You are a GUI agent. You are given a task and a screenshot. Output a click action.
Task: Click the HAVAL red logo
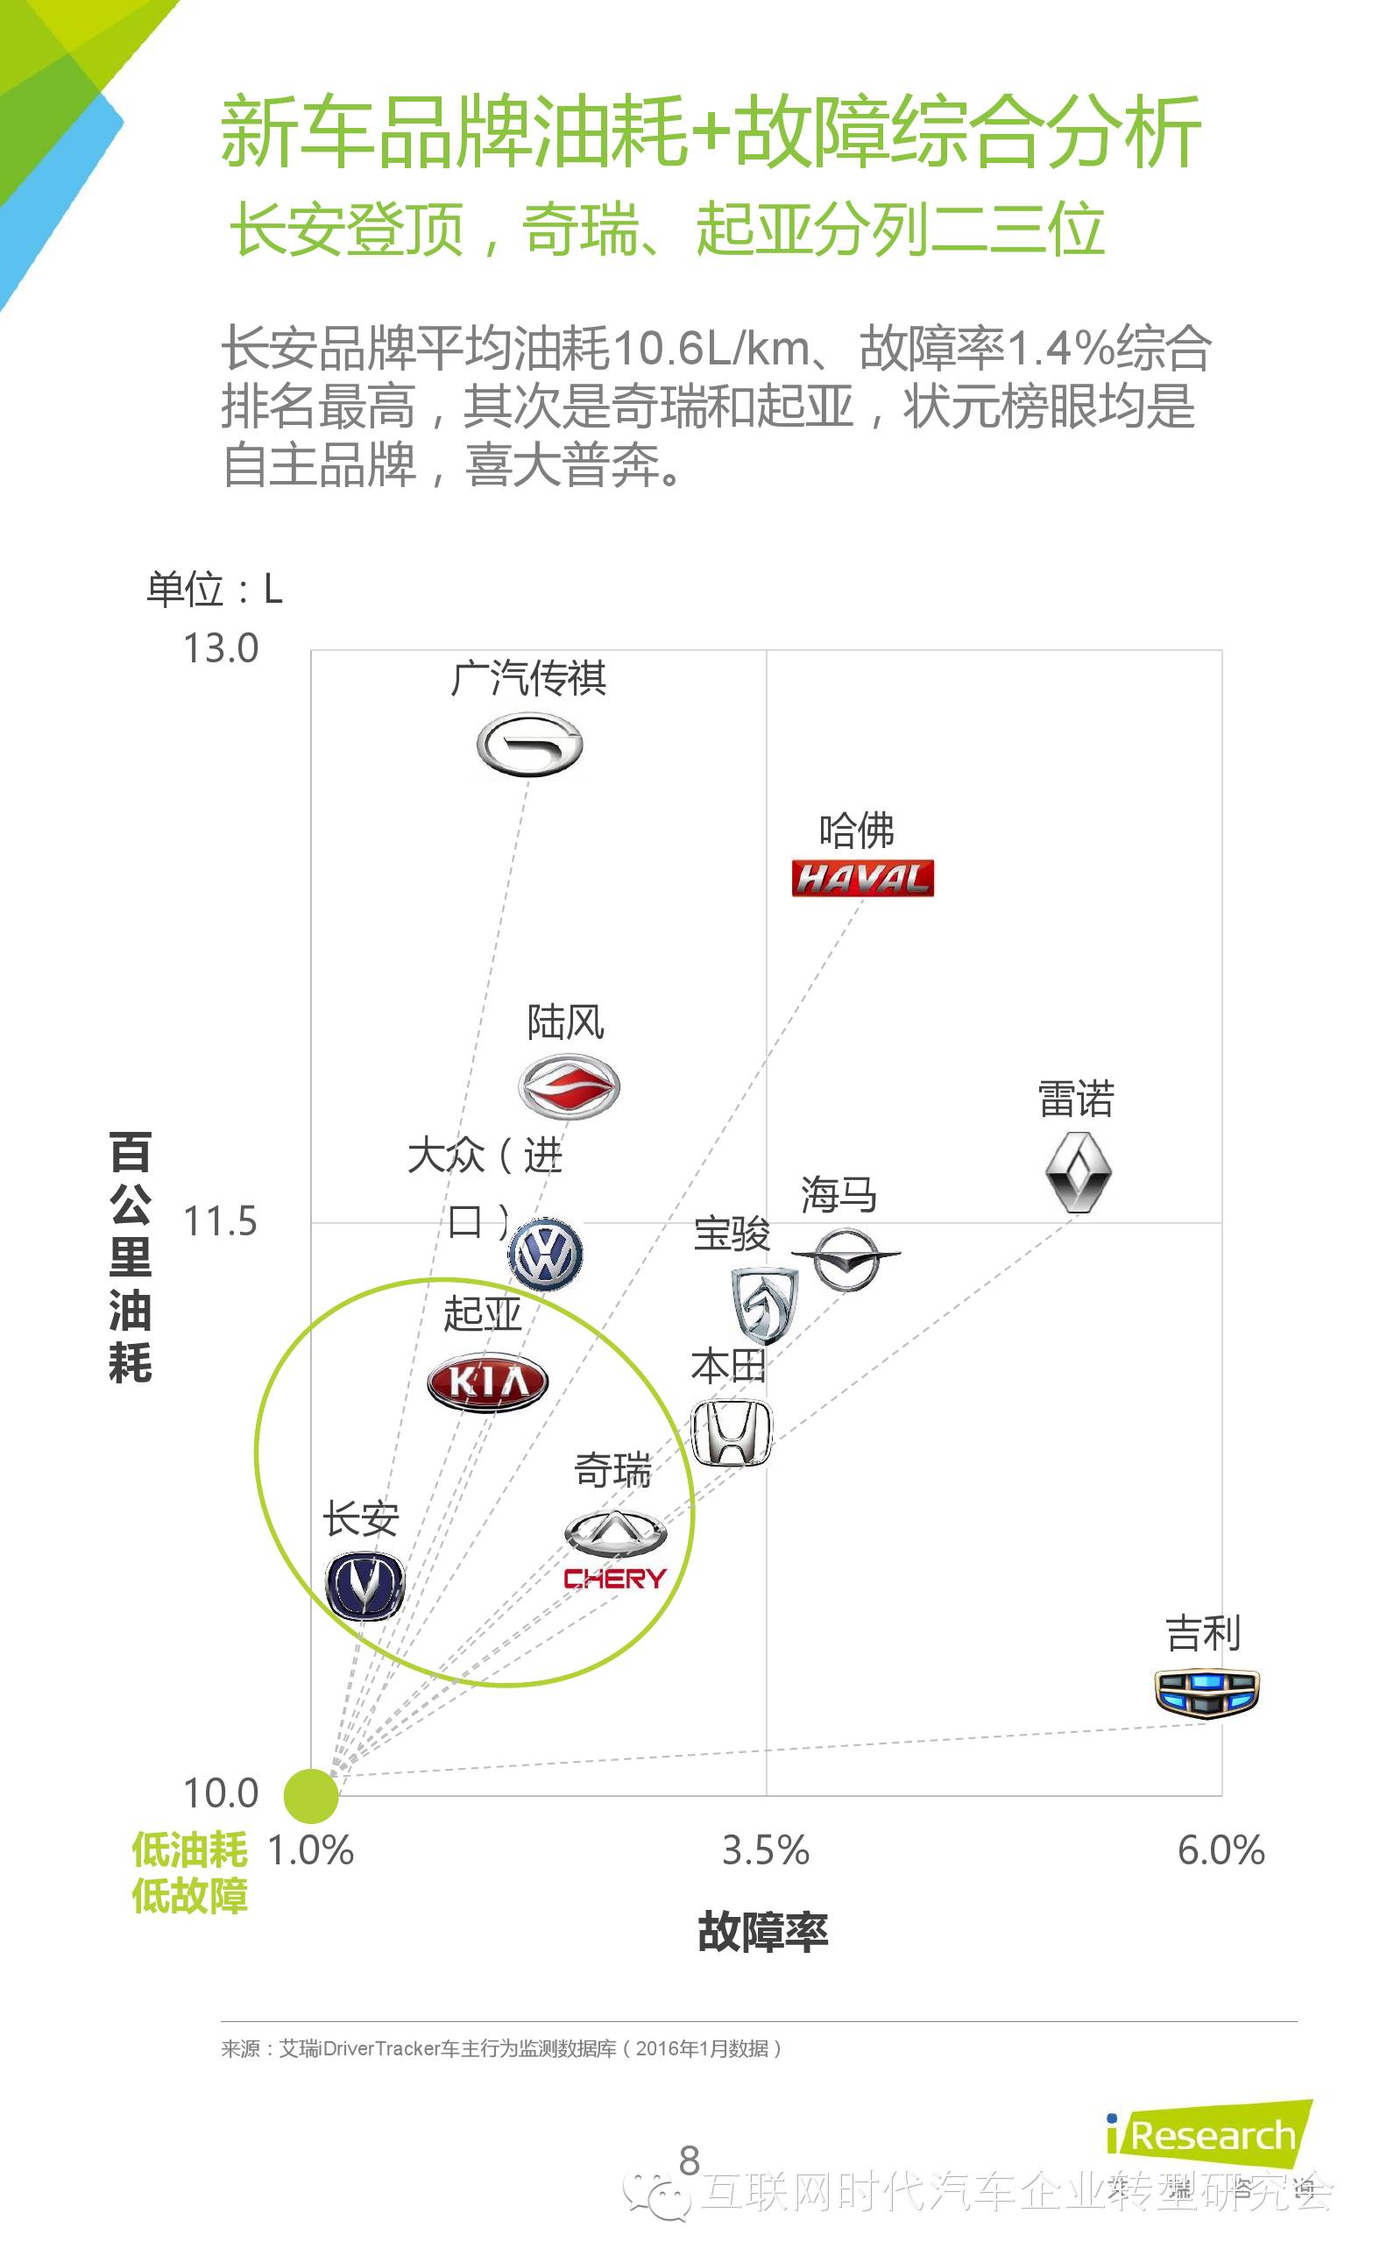[862, 878]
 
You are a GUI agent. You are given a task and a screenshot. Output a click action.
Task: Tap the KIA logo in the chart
[487, 1381]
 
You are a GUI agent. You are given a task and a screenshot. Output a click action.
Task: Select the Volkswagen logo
[546, 1255]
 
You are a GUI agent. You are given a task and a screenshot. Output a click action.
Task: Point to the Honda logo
[732, 1432]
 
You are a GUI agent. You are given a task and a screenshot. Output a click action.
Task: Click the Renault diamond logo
[1078, 1172]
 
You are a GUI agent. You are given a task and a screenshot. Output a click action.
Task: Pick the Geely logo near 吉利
[1207, 1693]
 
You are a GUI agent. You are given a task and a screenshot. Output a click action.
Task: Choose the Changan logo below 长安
[364, 1586]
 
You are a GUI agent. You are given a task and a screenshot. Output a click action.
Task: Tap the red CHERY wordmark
[615, 1579]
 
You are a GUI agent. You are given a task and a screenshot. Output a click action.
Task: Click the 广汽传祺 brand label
[528, 679]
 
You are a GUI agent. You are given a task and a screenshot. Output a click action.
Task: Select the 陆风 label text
[565, 1022]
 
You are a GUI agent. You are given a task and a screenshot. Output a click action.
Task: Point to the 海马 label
[838, 1195]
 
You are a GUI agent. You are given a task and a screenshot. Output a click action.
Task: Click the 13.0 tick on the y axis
[222, 648]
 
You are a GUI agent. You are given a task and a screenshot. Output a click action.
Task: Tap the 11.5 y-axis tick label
[221, 1221]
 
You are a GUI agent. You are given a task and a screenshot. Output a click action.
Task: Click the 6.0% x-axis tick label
[1221, 1849]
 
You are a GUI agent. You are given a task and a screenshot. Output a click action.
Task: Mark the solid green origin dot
[310, 1795]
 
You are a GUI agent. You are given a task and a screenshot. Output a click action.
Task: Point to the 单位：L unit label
[214, 589]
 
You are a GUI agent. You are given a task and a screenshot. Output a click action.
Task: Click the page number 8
[689, 2160]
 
